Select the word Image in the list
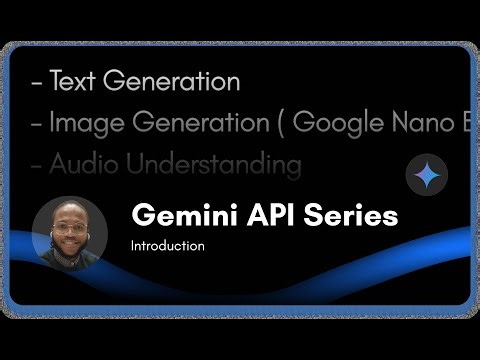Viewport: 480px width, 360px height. point(86,123)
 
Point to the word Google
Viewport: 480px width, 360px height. point(346,123)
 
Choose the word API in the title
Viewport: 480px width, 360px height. point(264,216)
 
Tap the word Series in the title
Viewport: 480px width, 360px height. point(349,216)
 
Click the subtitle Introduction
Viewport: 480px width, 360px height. point(168,245)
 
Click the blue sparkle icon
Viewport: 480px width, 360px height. point(426,176)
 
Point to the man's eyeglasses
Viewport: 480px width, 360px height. point(68,228)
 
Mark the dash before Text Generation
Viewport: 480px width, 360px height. point(37,83)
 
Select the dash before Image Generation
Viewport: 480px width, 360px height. point(37,124)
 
